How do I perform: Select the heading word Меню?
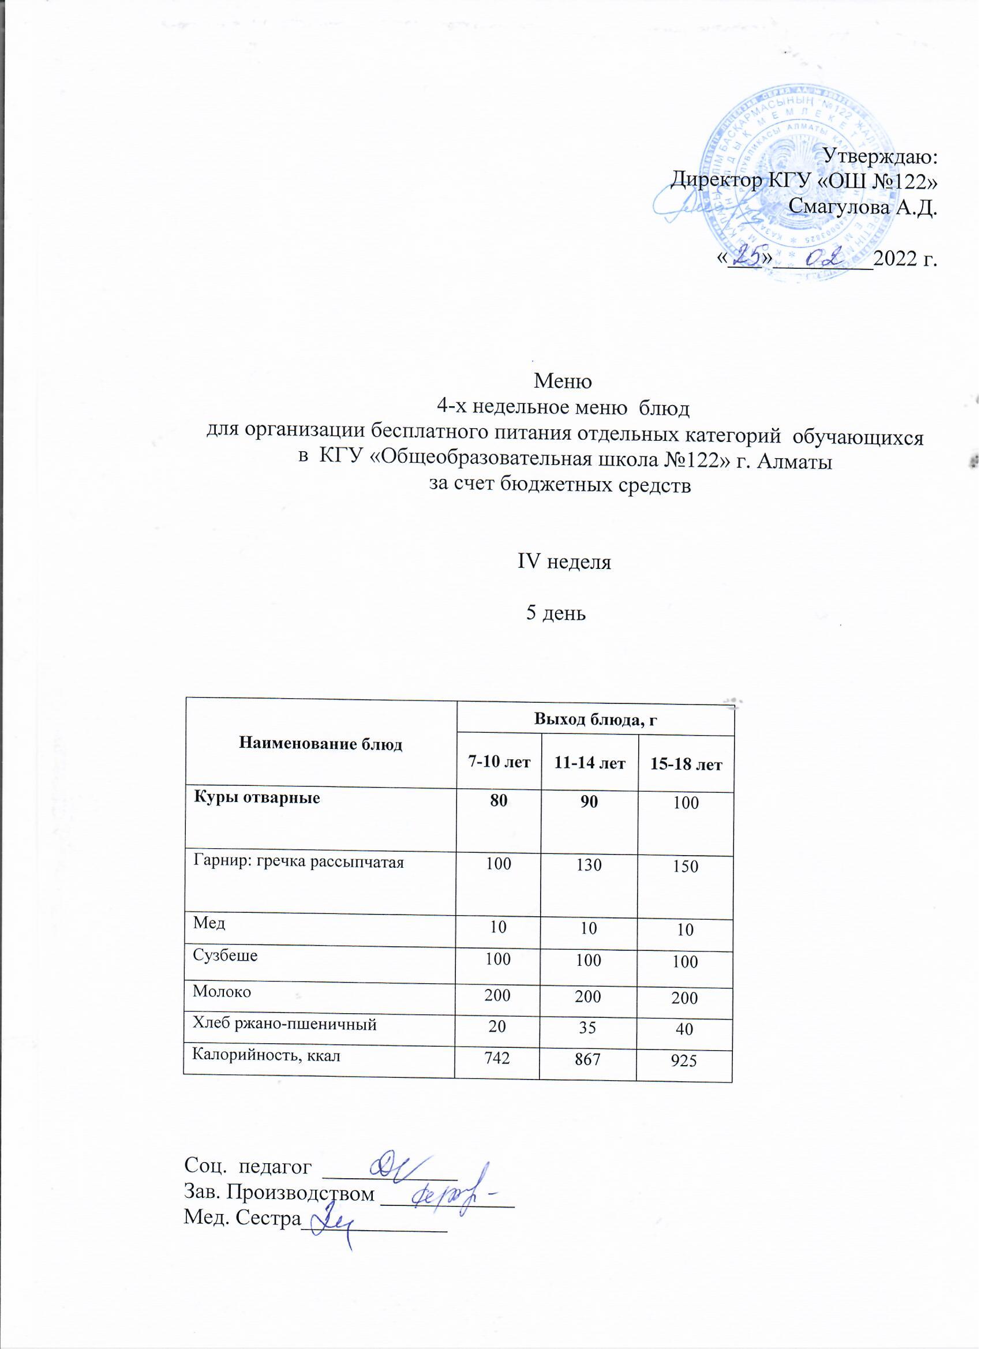point(563,380)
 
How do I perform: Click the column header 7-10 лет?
point(499,762)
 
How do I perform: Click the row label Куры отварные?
point(257,798)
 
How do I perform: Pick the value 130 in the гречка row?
point(589,865)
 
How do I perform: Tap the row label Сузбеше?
point(225,956)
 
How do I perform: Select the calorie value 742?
point(497,1055)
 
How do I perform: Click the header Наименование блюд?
point(321,744)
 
